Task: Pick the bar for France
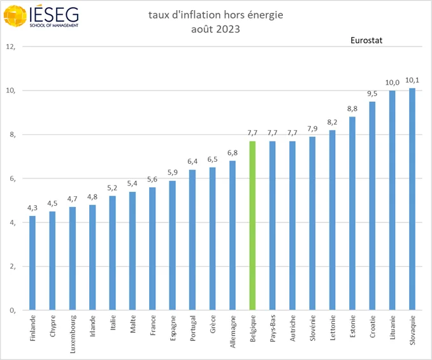pos(152,248)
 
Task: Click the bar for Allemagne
pos(233,236)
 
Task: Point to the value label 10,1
pos(412,80)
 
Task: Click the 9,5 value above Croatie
pos(372,94)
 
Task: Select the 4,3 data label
pos(32,208)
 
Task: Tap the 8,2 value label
pos(333,122)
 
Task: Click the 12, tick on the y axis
pos(11,47)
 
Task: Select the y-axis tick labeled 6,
pos(11,178)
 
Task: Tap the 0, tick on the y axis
pos(11,310)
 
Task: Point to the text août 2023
pos(216,29)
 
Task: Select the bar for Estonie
pos(352,213)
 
